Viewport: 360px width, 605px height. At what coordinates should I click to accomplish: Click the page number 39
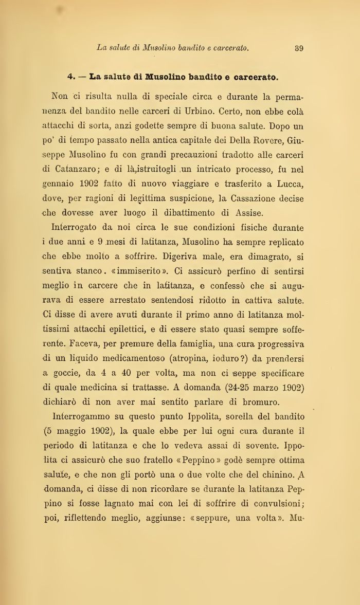299,48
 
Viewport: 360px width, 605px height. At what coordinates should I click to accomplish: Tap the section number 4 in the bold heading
70,78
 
